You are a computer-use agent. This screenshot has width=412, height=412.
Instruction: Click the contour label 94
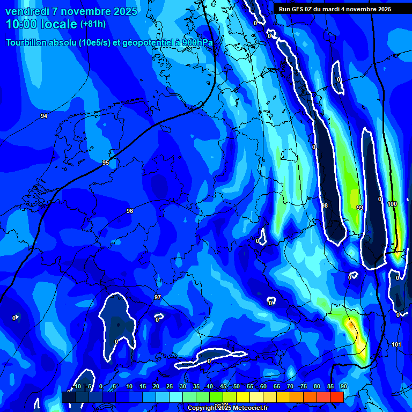pyautogui.click(x=44, y=116)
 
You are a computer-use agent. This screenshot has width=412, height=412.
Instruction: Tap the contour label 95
pyautogui.click(x=106, y=163)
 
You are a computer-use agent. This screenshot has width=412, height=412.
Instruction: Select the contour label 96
pyautogui.click(x=130, y=211)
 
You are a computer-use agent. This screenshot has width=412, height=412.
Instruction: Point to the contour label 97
pyautogui.click(x=157, y=297)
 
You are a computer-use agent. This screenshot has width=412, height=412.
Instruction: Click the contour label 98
pyautogui.click(x=324, y=205)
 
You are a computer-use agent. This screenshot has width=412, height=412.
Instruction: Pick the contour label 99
pyautogui.click(x=359, y=208)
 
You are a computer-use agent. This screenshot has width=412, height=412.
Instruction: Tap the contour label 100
pyautogui.click(x=392, y=204)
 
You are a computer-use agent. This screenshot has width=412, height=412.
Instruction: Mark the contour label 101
pyautogui.click(x=396, y=344)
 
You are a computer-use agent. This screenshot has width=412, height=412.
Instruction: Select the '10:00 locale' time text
pyautogui.click(x=42, y=24)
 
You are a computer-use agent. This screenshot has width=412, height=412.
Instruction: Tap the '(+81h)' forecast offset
pyautogui.click(x=93, y=24)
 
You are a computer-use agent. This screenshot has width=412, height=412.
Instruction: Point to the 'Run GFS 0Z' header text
pyautogui.click(x=298, y=9)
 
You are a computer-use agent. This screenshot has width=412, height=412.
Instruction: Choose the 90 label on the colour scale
pyautogui.click(x=343, y=386)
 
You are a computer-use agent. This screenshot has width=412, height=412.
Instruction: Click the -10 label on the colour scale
pyautogui.click(x=76, y=386)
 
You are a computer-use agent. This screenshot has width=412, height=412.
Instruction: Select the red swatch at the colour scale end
pyautogui.click(x=336, y=397)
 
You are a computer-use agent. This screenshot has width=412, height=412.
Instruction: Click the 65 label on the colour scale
pyautogui.click(x=277, y=386)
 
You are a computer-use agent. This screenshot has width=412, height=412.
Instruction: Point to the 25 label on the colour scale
pyautogui.click(x=170, y=386)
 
